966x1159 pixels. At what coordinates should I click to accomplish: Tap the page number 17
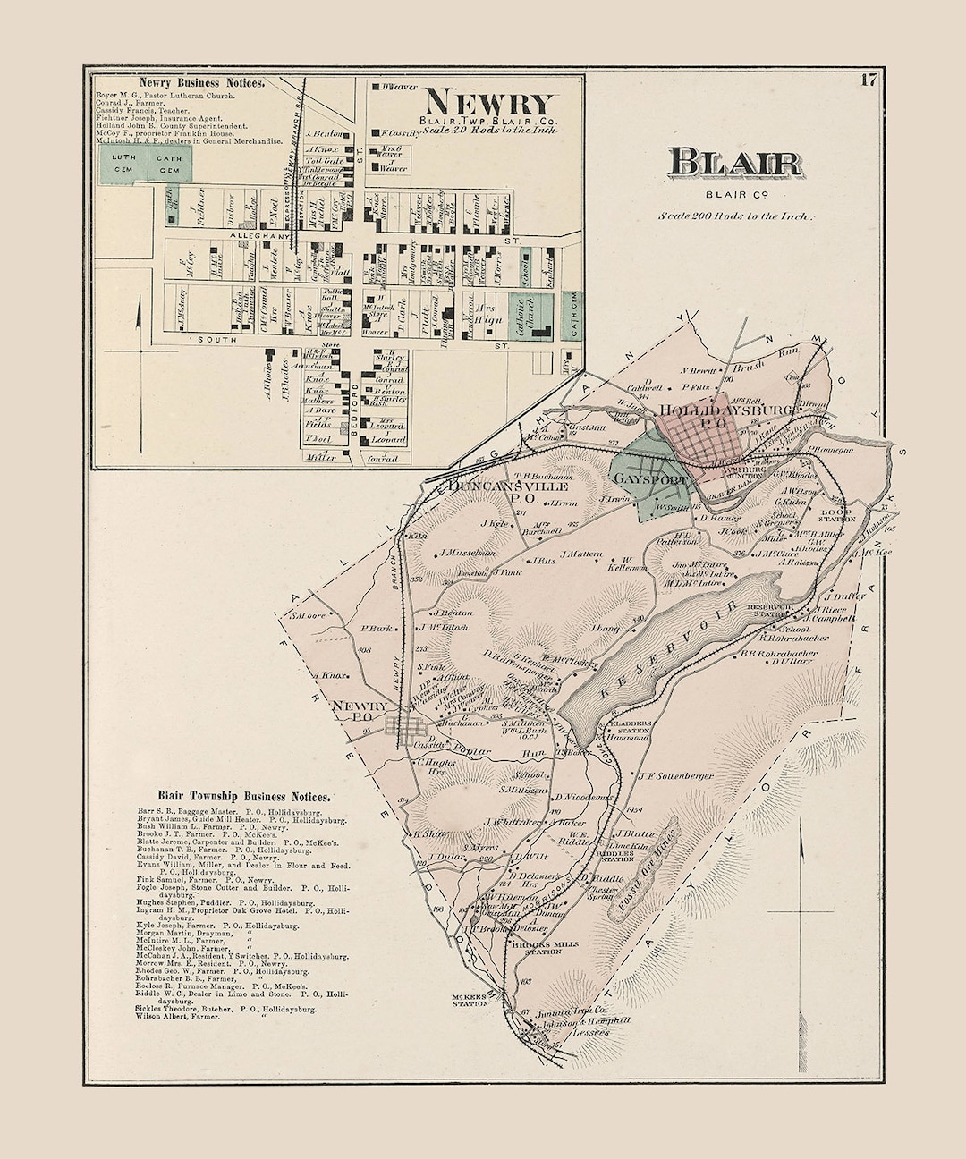click(x=868, y=80)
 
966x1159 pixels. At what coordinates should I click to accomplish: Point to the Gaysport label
click(x=650, y=480)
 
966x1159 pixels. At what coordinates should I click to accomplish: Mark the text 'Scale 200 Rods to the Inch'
click(x=735, y=216)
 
